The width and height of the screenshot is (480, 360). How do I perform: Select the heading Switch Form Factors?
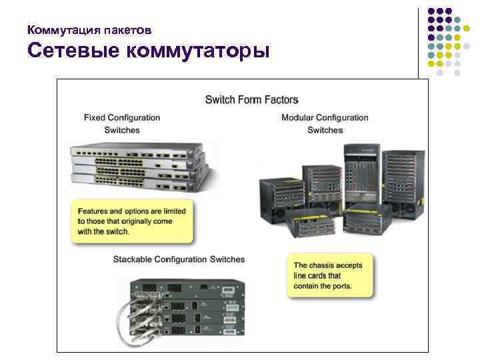coord(251,100)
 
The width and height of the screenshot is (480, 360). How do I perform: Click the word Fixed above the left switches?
coord(96,118)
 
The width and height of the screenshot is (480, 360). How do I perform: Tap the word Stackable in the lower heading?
coord(133,259)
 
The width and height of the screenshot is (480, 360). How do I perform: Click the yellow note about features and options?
coord(131,221)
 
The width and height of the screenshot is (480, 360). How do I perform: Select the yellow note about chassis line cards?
coord(327,275)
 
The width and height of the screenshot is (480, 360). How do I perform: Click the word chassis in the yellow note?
coord(325,265)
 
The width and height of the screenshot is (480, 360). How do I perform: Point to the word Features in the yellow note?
coord(93,211)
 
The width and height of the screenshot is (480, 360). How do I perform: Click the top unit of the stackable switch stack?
coord(187,287)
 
